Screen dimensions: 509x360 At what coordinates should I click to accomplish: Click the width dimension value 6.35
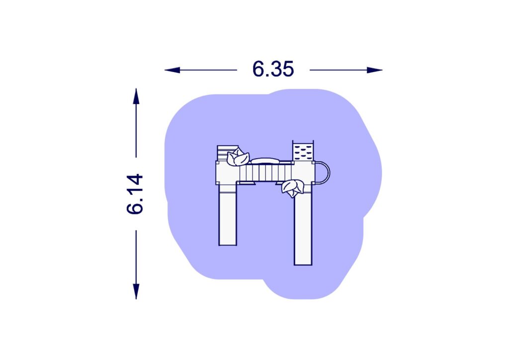coord(273,69)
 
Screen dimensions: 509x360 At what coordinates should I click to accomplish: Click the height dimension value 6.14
coord(135,194)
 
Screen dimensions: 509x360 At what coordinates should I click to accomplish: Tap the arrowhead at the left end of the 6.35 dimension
coord(172,70)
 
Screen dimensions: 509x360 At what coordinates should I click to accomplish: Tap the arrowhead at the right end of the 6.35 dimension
coord(375,70)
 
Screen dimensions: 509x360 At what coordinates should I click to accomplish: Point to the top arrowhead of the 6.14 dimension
coord(136,96)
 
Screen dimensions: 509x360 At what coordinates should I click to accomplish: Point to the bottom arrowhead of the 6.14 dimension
coord(136,291)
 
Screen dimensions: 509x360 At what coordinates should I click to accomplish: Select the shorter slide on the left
coord(228,215)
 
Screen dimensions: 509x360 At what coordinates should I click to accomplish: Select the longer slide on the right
coord(303,227)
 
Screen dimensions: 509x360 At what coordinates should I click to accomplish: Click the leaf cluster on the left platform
coord(238,157)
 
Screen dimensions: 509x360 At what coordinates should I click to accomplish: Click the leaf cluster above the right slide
coord(293,188)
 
